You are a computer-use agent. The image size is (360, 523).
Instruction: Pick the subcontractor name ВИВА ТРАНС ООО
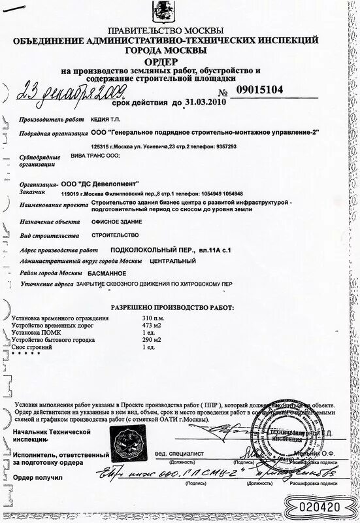click(x=95, y=157)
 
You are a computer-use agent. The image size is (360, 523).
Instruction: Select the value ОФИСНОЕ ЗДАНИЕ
click(x=105, y=222)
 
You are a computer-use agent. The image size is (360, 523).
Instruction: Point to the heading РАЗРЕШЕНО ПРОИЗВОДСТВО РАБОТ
click(x=171, y=306)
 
